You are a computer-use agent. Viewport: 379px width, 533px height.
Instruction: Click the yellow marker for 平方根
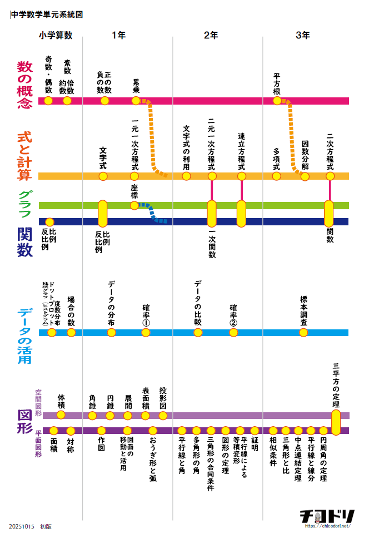point(277,101)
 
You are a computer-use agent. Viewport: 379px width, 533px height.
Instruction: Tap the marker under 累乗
point(136,101)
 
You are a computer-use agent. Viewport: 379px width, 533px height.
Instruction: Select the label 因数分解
point(305,155)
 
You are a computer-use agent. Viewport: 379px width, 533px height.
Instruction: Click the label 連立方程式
point(241,151)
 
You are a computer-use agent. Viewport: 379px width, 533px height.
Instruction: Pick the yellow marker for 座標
point(134,205)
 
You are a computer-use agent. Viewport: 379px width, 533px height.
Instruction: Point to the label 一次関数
point(212,244)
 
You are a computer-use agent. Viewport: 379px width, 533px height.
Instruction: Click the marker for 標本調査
point(303,333)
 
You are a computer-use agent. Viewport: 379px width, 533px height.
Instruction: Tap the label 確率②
point(233,315)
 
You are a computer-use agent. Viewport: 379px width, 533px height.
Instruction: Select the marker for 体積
point(61,415)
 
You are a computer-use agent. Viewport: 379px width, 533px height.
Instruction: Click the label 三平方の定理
point(336,386)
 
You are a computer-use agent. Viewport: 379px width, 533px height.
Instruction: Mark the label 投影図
point(163,398)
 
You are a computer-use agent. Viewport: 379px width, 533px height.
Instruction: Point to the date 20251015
point(22,526)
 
